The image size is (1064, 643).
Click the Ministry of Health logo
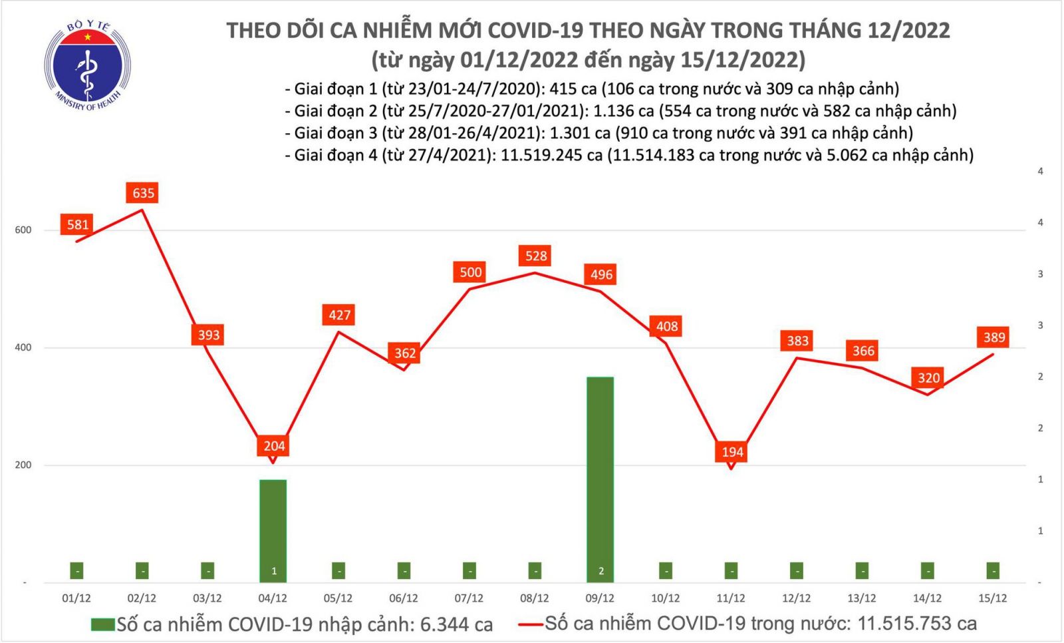pos(87,65)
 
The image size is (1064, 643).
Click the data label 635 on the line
pos(143,193)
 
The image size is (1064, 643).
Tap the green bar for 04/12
pos(273,529)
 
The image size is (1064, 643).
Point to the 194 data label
pos(732,452)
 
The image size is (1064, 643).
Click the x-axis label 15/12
pos(992,598)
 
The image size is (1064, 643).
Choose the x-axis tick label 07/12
pos(469,598)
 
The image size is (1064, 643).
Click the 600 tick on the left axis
pos(23,230)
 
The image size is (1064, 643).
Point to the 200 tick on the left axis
pos(23,465)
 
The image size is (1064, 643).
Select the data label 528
pos(536,256)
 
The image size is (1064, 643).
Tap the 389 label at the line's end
pos(994,337)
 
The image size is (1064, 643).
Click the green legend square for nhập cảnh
pos(102,624)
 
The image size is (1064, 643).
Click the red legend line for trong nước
pos(531,624)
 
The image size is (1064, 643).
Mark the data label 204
pos(274,446)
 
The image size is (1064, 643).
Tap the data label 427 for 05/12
pos(339,315)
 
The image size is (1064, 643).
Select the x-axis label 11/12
pos(731,598)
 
